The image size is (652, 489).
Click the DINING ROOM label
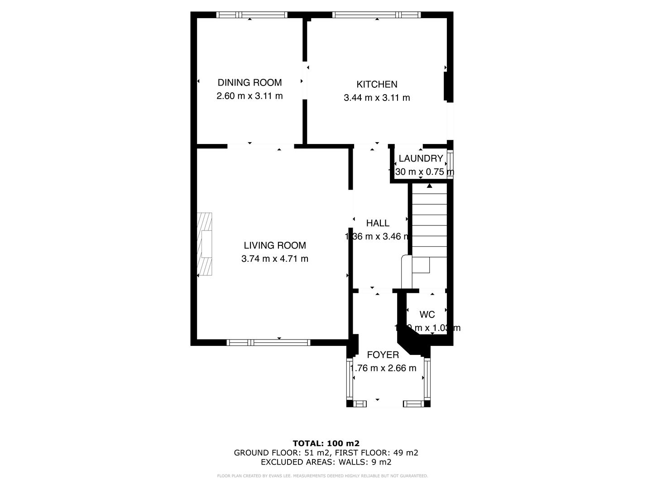point(249,82)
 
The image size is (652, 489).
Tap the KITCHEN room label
point(377,84)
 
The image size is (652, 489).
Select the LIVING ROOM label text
point(275,245)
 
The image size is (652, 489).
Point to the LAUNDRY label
point(421,158)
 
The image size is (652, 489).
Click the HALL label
point(378,223)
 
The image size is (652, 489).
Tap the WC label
point(427,314)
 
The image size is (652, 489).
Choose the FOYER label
point(383,355)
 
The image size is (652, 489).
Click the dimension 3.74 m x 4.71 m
point(275,259)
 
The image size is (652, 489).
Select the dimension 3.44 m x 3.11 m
point(377,98)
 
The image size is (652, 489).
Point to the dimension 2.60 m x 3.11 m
point(249,96)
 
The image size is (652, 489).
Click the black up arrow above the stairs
point(430,185)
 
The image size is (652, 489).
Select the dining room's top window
point(252,15)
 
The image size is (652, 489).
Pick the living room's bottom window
point(268,342)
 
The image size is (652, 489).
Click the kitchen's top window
point(376,15)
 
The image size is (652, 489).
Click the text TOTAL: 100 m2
point(326,443)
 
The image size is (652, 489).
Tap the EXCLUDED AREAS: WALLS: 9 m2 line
point(326,462)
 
